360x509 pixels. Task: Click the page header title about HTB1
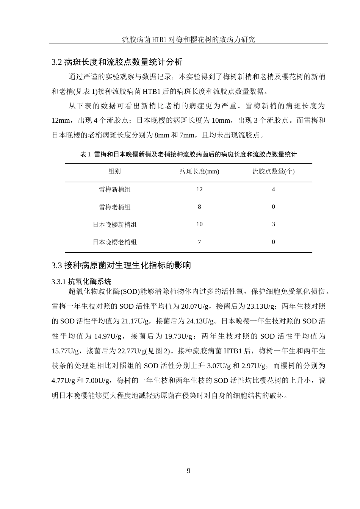(x=188, y=39)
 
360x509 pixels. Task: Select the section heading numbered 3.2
(x=117, y=62)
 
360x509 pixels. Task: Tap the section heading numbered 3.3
(x=121, y=265)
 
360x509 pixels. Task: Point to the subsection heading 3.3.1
(x=81, y=282)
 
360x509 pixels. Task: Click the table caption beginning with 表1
(x=188, y=155)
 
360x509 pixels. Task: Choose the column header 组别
(x=114, y=172)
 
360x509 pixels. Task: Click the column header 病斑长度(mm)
(x=199, y=172)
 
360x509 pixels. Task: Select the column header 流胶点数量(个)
(x=273, y=172)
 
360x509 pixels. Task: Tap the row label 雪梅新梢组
(x=114, y=189)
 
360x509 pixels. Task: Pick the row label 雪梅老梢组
(x=114, y=207)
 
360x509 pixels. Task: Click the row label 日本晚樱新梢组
(x=114, y=225)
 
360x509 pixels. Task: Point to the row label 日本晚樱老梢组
(x=114, y=242)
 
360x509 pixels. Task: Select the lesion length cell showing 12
(x=199, y=189)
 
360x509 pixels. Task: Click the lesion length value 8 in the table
(x=199, y=207)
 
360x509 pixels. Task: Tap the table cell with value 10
(x=199, y=224)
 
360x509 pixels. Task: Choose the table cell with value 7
(x=199, y=242)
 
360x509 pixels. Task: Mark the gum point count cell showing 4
(x=273, y=189)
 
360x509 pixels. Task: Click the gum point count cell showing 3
(x=273, y=224)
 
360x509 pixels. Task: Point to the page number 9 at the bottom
(x=189, y=471)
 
